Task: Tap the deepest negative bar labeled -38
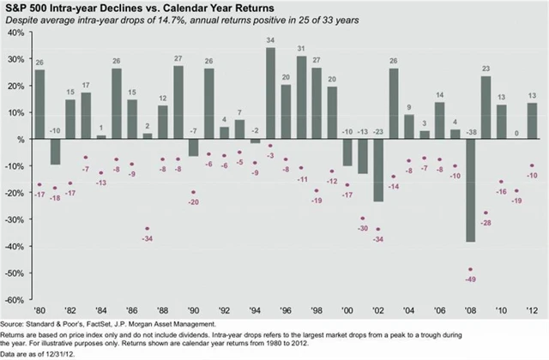[x=470, y=189]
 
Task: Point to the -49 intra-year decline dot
[x=470, y=269]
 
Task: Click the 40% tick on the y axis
[x=15, y=33]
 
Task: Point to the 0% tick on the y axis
[x=16, y=140]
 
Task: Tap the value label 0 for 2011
[x=516, y=132]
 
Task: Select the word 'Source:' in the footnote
[x=14, y=325]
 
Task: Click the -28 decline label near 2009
[x=486, y=223]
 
